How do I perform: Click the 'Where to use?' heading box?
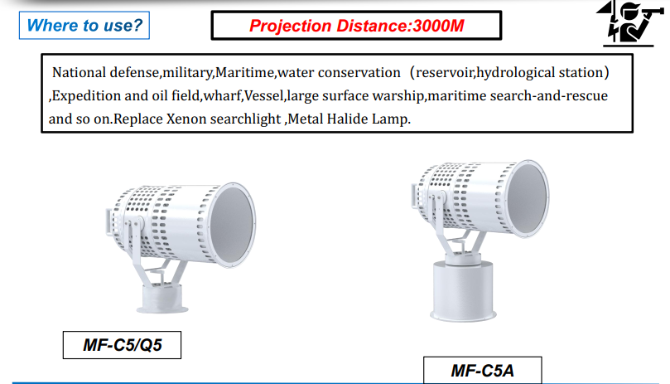[84, 25]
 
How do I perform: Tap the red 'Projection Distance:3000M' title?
[356, 26]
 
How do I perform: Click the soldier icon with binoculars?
[629, 23]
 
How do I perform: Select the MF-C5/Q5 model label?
[123, 345]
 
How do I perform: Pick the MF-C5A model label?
[483, 371]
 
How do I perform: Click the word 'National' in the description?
[79, 72]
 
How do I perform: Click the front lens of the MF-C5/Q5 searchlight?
[232, 224]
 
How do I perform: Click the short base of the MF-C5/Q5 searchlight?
[162, 299]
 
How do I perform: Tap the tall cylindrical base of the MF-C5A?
[463, 290]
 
